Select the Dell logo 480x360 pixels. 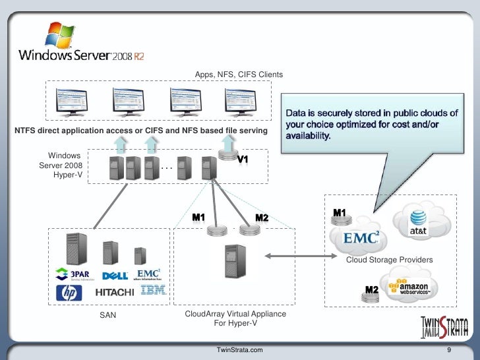(x=115, y=275)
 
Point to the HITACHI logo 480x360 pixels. (x=116, y=292)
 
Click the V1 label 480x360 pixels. (x=242, y=160)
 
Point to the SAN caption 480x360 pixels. (x=107, y=315)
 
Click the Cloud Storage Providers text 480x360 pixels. (x=389, y=260)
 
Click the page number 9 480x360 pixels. (x=448, y=349)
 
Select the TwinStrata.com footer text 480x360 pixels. (x=244, y=349)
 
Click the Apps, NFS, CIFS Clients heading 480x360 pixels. (x=239, y=75)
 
